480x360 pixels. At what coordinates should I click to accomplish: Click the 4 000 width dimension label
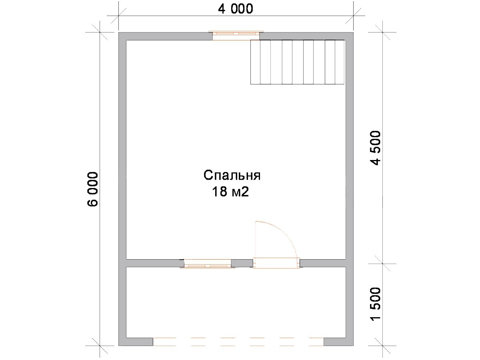(236, 9)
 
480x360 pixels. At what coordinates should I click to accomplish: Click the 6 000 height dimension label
(93, 189)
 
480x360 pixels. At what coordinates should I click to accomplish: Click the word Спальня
(232, 176)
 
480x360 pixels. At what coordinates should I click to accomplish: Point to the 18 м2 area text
(230, 192)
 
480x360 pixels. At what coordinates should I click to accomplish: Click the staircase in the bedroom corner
(298, 62)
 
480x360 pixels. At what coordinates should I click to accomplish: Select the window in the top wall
(236, 36)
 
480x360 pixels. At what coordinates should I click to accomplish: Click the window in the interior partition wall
(207, 264)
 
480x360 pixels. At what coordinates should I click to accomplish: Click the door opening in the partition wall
(276, 263)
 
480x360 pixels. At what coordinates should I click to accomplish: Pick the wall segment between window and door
(242, 263)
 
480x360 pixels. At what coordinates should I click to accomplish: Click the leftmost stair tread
(255, 62)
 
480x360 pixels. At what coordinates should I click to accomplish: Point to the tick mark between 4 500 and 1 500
(382, 264)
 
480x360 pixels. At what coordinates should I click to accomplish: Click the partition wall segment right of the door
(323, 263)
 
